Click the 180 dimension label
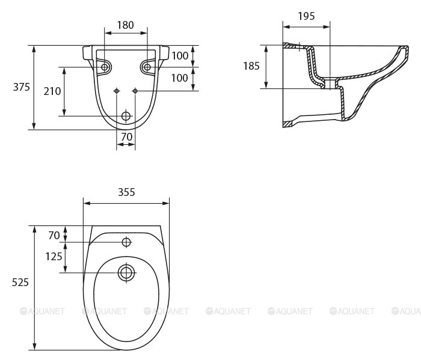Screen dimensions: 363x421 click(x=125, y=25)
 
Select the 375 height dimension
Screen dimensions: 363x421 click(x=22, y=87)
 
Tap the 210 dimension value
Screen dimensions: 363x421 click(x=52, y=91)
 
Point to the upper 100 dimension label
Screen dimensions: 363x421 click(x=180, y=55)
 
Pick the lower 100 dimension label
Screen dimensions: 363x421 click(x=180, y=78)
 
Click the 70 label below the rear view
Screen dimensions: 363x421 click(x=126, y=136)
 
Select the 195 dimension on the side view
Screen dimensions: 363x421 click(x=306, y=16)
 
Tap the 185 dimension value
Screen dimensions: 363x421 click(x=251, y=66)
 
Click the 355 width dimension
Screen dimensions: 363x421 click(x=126, y=192)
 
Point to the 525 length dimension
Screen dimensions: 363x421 click(x=20, y=282)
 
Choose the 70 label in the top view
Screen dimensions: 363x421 click(x=55, y=235)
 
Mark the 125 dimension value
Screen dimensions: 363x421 click(x=54, y=257)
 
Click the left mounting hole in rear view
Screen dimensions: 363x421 click(x=105, y=67)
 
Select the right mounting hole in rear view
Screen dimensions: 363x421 click(x=147, y=67)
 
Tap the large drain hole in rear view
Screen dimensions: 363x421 click(x=126, y=115)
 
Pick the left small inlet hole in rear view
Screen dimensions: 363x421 click(x=117, y=91)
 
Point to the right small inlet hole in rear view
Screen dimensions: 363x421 click(x=135, y=91)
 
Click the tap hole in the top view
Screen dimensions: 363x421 click(x=126, y=242)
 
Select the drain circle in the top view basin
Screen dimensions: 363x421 click(x=126, y=272)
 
